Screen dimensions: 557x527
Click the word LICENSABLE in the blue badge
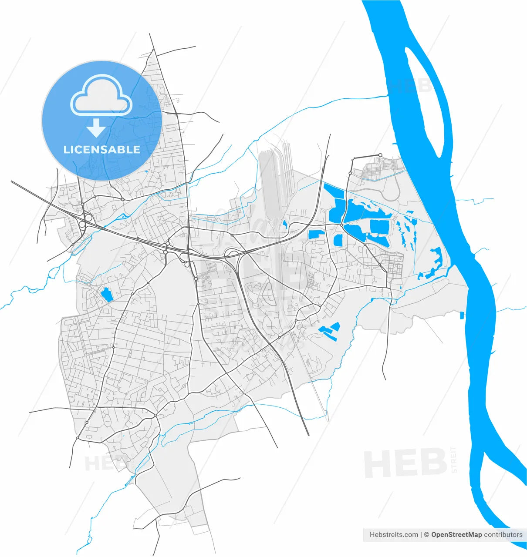[102, 150]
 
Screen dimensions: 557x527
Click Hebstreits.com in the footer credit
[394, 534]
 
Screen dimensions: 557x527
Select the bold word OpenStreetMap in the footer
[456, 534]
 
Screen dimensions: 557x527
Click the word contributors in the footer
[503, 534]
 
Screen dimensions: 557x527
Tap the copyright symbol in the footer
[427, 534]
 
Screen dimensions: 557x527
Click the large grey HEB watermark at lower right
[405, 464]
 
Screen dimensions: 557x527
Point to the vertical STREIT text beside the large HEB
[454, 460]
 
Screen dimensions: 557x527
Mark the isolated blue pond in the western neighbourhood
[107, 295]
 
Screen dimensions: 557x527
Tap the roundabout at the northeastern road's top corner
[380, 155]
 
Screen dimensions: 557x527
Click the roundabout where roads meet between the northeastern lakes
[342, 225]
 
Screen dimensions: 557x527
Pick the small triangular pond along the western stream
[124, 216]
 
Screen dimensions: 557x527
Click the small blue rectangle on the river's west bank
[462, 315]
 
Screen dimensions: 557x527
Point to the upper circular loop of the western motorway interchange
[88, 217]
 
